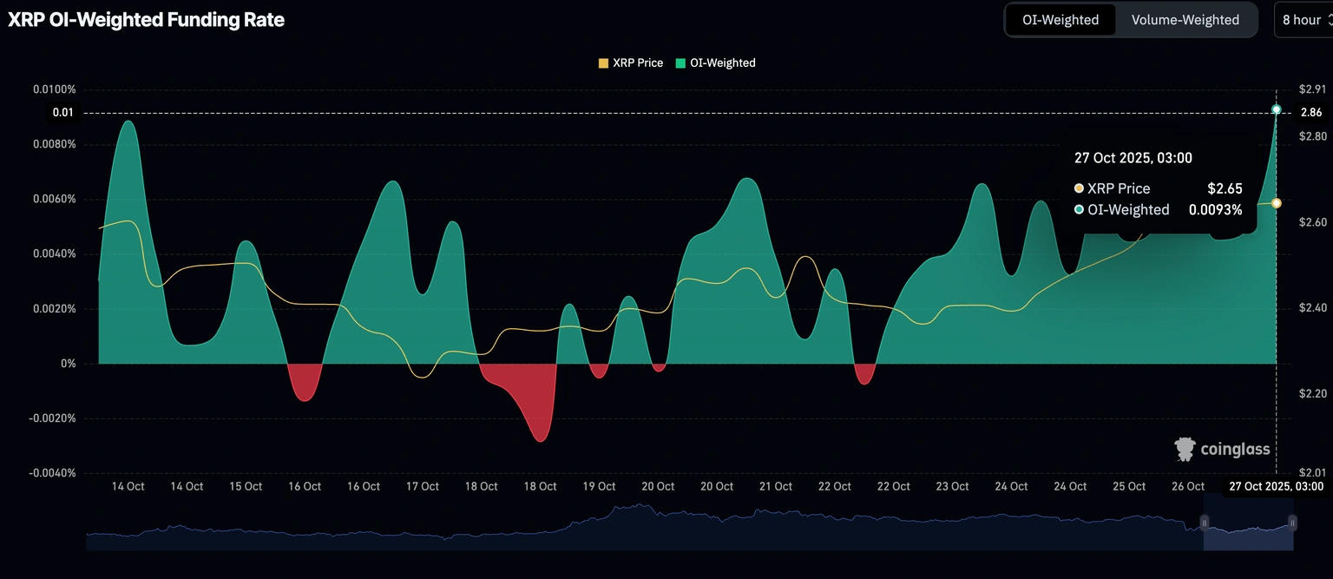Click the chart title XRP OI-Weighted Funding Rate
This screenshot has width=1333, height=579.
point(146,19)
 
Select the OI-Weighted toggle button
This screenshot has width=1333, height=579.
point(1060,20)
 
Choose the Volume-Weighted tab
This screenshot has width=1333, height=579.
point(1185,20)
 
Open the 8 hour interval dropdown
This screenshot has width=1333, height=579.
point(1303,20)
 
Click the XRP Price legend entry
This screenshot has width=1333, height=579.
point(631,63)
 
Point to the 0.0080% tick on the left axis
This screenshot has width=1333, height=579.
point(55,144)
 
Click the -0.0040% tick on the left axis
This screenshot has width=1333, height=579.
point(53,473)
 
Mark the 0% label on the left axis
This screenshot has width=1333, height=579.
point(68,364)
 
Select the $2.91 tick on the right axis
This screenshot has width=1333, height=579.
point(1312,89)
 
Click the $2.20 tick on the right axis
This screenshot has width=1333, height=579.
point(1312,393)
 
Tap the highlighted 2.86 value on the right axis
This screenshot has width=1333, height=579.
point(1311,113)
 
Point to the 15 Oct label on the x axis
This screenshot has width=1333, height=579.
point(246,486)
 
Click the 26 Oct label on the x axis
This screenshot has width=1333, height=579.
point(1188,486)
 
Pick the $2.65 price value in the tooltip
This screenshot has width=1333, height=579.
point(1225,188)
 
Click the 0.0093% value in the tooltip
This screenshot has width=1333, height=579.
point(1215,209)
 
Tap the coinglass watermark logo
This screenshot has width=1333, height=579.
point(1222,449)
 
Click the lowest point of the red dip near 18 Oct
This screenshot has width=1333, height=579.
point(541,441)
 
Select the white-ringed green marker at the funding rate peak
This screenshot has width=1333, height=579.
point(1276,109)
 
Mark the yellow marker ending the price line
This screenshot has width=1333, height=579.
point(1276,202)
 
